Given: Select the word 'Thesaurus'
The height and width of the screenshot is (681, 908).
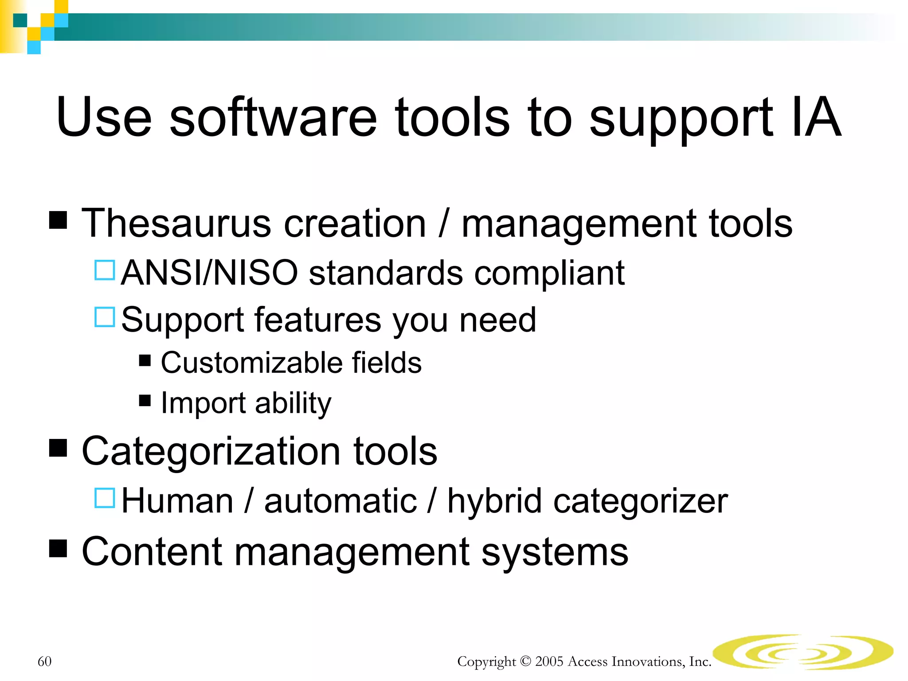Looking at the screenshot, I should [x=176, y=224].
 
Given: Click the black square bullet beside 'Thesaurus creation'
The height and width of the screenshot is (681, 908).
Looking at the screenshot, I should [x=58, y=219].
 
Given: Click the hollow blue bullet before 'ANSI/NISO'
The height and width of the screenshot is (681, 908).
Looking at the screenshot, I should [x=105, y=270].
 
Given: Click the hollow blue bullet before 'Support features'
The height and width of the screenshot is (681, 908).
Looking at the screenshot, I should [x=105, y=317].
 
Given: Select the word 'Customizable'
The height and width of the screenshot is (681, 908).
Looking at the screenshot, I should [x=251, y=363].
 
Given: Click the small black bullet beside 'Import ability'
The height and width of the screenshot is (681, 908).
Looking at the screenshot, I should [x=145, y=400].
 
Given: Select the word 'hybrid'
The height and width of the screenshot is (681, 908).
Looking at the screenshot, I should [x=494, y=501].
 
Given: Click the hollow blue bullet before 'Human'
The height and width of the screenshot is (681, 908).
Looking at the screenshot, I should [x=105, y=498].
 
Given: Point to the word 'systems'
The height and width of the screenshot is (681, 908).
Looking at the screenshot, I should [x=555, y=552].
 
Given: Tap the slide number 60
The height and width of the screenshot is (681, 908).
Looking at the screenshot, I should [x=44, y=661].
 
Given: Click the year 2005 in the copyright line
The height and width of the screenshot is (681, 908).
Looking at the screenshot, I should [x=548, y=661].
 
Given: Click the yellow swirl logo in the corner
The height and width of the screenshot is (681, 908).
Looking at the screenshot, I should [x=802, y=652].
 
